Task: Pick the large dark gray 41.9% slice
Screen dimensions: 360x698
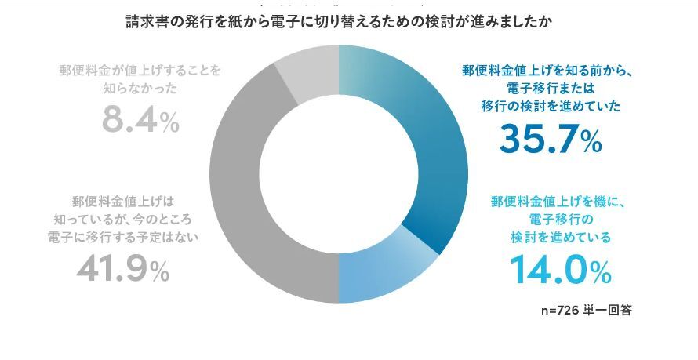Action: (x=243, y=196)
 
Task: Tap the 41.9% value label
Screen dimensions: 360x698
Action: (x=123, y=271)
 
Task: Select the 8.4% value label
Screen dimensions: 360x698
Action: (x=140, y=122)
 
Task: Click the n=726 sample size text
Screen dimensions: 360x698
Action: (x=560, y=311)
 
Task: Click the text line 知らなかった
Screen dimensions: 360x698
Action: (x=140, y=89)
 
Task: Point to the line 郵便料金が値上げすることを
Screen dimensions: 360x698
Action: (x=140, y=70)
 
